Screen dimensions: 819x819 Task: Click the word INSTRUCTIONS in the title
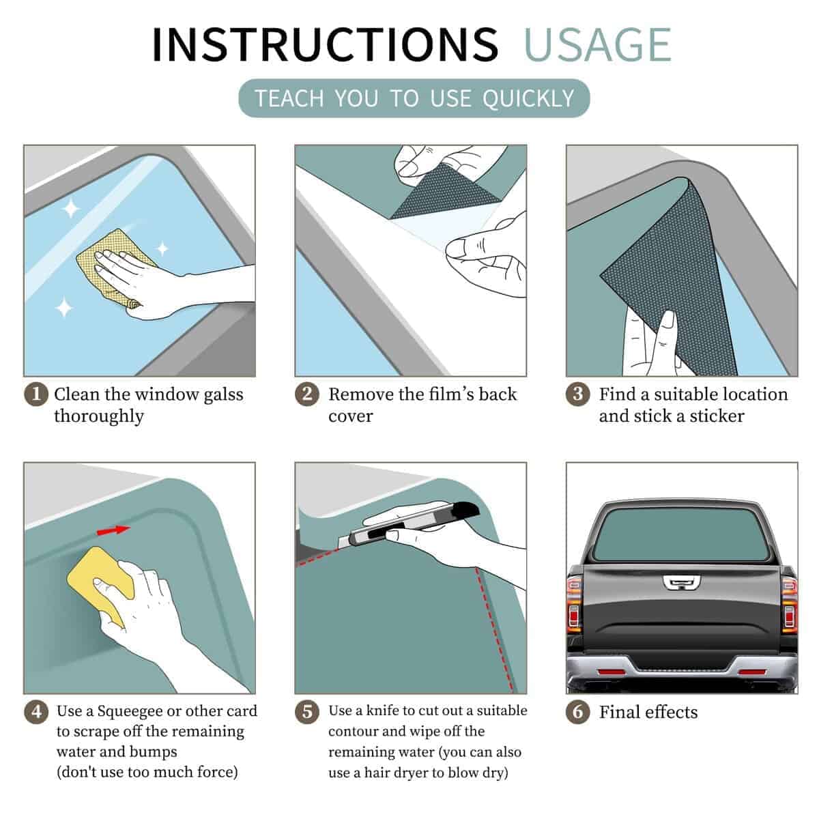[325, 44]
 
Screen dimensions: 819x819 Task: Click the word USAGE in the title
[598, 45]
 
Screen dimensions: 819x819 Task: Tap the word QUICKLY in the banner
[528, 98]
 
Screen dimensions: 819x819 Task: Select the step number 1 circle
[36, 394]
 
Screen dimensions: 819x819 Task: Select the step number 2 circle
[307, 394]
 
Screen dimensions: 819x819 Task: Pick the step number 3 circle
[577, 394]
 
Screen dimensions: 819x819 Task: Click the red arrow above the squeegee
[113, 530]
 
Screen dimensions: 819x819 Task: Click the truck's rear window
[681, 534]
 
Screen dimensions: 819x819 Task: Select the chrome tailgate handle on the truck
[681, 583]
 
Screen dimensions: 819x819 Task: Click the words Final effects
[648, 712]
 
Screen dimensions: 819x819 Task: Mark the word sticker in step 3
[717, 416]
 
